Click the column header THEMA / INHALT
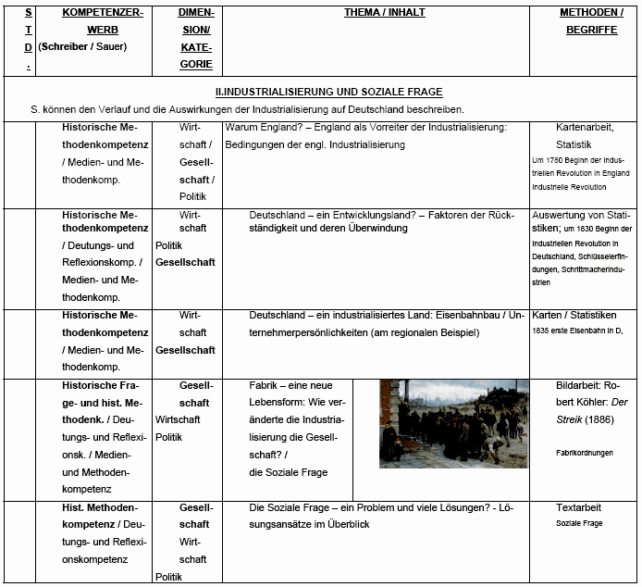(x=376, y=13)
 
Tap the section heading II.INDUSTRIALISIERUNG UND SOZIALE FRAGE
(x=327, y=92)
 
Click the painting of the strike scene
(x=453, y=423)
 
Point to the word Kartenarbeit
(x=585, y=127)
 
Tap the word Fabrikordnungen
(x=585, y=454)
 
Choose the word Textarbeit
(x=579, y=507)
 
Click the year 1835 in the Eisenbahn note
(x=543, y=331)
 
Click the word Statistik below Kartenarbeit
(x=574, y=144)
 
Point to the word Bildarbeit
(x=579, y=385)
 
